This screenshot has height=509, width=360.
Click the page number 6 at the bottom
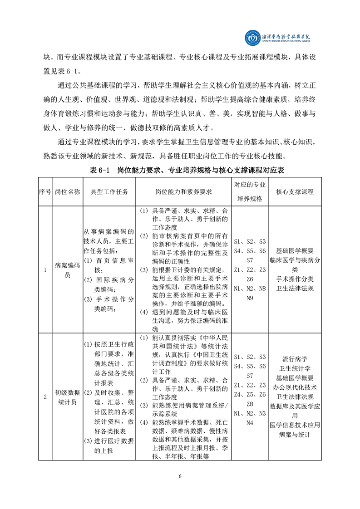(180, 475)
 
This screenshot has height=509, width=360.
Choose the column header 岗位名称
(67, 191)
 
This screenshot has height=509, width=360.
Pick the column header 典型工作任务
(109, 191)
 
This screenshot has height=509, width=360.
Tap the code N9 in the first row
(250, 298)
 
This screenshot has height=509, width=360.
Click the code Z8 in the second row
(250, 404)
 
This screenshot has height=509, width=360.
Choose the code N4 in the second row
(250, 423)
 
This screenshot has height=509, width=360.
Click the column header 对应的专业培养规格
(250, 191)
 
